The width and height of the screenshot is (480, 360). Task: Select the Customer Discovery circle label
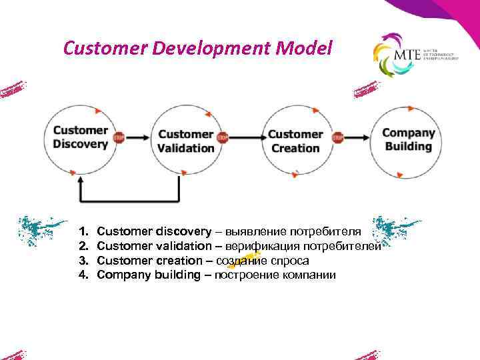click(80, 137)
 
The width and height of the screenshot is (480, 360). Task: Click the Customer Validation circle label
click(186, 141)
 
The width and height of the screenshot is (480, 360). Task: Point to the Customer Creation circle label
click(295, 141)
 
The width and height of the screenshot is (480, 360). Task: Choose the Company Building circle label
click(408, 139)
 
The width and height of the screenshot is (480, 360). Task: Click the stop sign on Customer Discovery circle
click(119, 138)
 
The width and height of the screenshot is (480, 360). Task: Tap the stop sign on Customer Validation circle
click(223, 138)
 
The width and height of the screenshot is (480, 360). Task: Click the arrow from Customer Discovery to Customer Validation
click(137, 138)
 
